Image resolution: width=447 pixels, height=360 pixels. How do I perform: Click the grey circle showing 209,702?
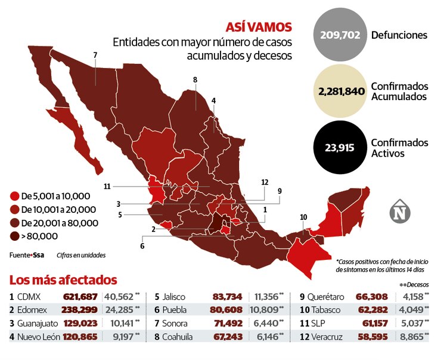click(340, 35)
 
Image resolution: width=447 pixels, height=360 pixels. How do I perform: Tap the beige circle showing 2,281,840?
click(340, 91)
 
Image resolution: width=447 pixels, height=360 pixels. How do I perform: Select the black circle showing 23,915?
click(340, 148)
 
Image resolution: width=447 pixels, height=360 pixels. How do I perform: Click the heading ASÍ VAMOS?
click(259, 27)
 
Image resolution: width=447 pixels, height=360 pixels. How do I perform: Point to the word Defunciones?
click(399, 35)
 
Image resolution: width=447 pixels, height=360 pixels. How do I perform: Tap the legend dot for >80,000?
click(14, 235)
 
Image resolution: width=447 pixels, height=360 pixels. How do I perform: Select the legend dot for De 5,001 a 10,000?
click(14, 195)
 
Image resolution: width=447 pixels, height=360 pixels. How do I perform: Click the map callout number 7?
click(95, 55)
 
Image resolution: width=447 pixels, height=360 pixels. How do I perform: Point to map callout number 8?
click(195, 79)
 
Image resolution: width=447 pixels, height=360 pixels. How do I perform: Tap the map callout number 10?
click(304, 216)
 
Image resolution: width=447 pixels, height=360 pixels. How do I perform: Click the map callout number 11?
click(107, 187)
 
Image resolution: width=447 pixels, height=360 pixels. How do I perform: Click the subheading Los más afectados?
click(63, 280)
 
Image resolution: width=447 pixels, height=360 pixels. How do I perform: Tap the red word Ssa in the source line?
click(38, 255)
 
